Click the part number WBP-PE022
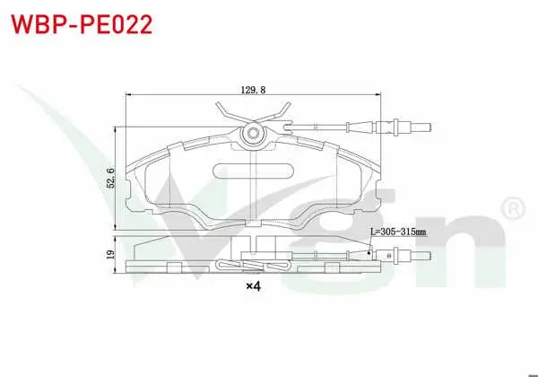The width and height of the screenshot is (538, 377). [82, 24]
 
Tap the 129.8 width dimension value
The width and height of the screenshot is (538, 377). [253, 90]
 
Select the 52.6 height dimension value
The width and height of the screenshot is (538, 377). [110, 178]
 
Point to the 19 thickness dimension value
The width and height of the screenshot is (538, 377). [110, 254]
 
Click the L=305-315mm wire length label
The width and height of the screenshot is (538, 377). [398, 232]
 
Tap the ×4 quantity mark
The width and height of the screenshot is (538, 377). [254, 285]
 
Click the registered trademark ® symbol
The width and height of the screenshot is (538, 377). [513, 208]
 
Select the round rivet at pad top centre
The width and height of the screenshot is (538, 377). [253, 133]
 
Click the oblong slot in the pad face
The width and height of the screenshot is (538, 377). [253, 171]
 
